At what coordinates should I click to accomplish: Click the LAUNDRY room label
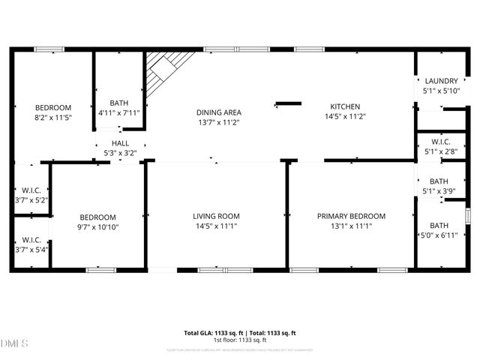(x=441, y=81)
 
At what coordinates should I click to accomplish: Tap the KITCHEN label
(x=343, y=106)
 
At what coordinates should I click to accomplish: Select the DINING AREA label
(x=219, y=112)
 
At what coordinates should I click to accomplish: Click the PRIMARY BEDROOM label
(x=349, y=216)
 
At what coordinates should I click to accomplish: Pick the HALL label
(x=120, y=143)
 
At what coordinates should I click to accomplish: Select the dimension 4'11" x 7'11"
(x=119, y=113)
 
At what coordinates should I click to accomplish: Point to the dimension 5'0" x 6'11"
(x=439, y=236)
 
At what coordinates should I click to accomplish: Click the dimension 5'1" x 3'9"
(x=439, y=191)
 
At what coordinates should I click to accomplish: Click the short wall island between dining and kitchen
(x=287, y=103)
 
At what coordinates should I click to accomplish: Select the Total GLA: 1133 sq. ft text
(x=211, y=333)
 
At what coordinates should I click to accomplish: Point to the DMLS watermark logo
(x=14, y=343)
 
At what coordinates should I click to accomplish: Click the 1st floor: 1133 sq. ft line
(x=240, y=340)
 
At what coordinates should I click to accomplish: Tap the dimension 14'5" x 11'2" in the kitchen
(x=345, y=116)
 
